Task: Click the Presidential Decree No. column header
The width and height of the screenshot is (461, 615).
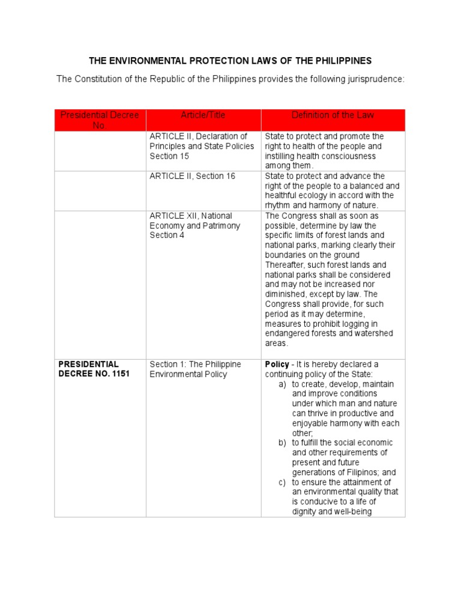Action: pyautogui.click(x=100, y=120)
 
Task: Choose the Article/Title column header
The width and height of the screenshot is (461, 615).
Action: pyautogui.click(x=203, y=115)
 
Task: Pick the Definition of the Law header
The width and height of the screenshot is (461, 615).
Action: pyautogui.click(x=333, y=115)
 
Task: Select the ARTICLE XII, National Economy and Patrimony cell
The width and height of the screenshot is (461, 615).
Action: pyautogui.click(x=194, y=225)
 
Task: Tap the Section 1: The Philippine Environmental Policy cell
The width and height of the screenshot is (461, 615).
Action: pyautogui.click(x=195, y=369)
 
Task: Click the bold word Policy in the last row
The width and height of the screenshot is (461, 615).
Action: pyautogui.click(x=277, y=365)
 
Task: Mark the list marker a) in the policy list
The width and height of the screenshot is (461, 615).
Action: pyautogui.click(x=282, y=384)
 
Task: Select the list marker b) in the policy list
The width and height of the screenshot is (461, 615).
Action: pyautogui.click(x=282, y=443)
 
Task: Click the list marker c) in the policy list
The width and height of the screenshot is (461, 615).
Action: pyautogui.click(x=282, y=482)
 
